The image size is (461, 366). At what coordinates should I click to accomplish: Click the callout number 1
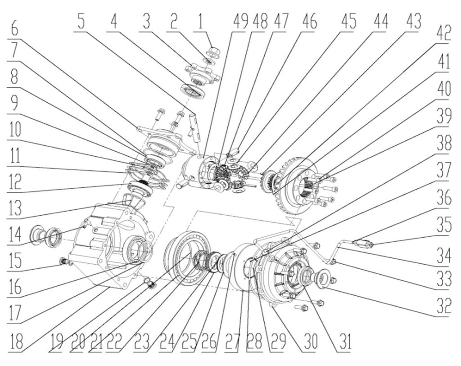tap(200, 22)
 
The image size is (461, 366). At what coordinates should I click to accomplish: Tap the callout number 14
tap(14, 235)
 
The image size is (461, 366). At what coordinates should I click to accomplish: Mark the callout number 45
tap(349, 22)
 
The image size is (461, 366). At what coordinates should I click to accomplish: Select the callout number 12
tap(14, 181)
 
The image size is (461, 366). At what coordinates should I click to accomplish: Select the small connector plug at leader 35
tap(364, 244)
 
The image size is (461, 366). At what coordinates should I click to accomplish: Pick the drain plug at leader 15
tap(63, 261)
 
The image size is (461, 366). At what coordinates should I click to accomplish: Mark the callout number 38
tap(443, 144)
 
